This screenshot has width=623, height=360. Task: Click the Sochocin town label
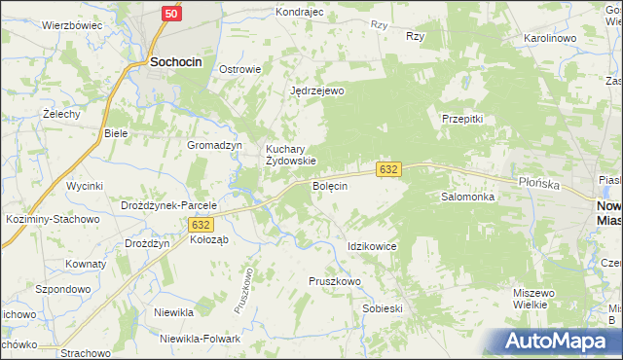coord(175,61)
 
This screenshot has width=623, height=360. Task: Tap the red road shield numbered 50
coord(170,14)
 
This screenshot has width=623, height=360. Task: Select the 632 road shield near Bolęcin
coord(387,169)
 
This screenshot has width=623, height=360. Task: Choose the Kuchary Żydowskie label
coord(291,155)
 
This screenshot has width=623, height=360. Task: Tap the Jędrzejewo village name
coord(317,90)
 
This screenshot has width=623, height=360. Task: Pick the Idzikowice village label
coord(372,247)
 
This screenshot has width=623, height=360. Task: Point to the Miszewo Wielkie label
coord(533,299)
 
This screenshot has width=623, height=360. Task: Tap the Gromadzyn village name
coord(214,145)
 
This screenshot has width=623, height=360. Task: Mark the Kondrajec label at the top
coord(299,13)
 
